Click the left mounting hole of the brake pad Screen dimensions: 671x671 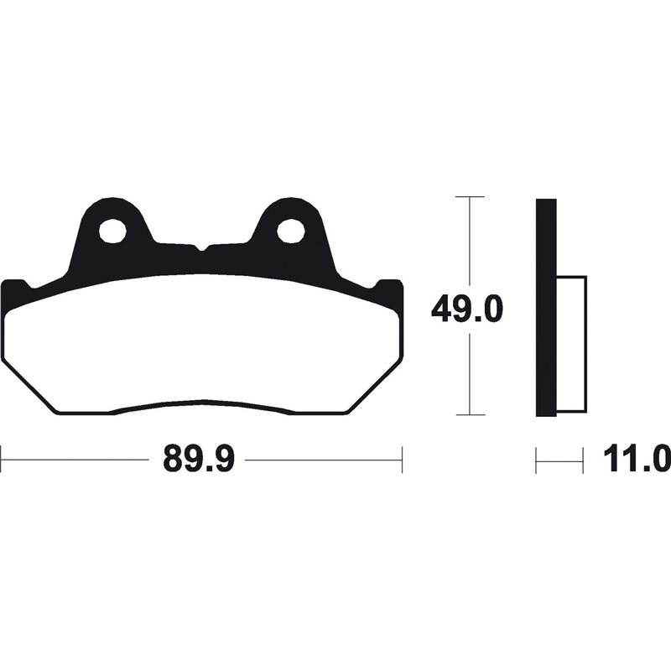coord(112,230)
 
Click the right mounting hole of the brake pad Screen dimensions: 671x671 coord(290,230)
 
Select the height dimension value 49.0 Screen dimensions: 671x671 coord(466,310)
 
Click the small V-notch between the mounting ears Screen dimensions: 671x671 coord(201,248)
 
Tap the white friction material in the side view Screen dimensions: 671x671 coord(570,344)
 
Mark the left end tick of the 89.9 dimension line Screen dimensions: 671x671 coord(2,460)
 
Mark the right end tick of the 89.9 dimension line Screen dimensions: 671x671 coord(403,460)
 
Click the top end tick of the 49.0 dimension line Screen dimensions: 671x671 coord(471,197)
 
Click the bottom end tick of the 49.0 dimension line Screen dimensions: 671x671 coord(471,415)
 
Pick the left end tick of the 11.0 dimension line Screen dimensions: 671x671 coord(536,460)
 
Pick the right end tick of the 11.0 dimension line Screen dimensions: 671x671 coord(583,460)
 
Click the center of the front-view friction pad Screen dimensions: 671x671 coord(201,344)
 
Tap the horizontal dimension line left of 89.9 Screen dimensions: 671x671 coord(75,460)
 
